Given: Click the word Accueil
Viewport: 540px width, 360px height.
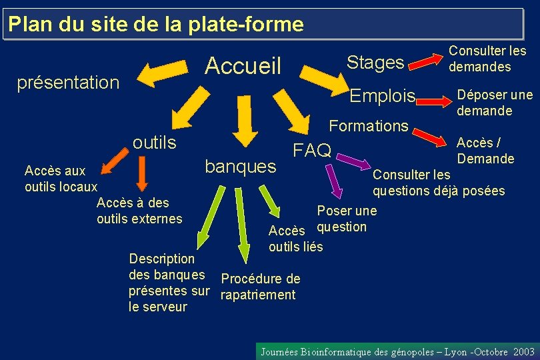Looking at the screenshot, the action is pos(243,65).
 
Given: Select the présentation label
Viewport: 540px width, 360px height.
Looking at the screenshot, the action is pos(68,83).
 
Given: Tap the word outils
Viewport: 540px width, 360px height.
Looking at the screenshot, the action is pos(155,143).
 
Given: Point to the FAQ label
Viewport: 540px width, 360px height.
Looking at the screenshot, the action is pos(313,151).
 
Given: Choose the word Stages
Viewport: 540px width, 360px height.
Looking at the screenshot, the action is pos(375,63).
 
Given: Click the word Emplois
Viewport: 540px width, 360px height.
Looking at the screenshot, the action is pos(383,96).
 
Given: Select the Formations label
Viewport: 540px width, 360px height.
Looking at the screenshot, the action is pos(369,125).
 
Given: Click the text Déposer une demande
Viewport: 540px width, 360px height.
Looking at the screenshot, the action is pos(494,102).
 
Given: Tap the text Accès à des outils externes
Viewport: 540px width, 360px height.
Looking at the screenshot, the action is pos(139,211).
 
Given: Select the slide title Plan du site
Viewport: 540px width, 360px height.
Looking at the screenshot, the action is pos(157,25).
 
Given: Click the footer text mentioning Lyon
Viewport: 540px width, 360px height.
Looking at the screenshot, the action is pos(397,351).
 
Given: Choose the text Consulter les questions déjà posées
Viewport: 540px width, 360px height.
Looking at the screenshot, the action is pos(438,183).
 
